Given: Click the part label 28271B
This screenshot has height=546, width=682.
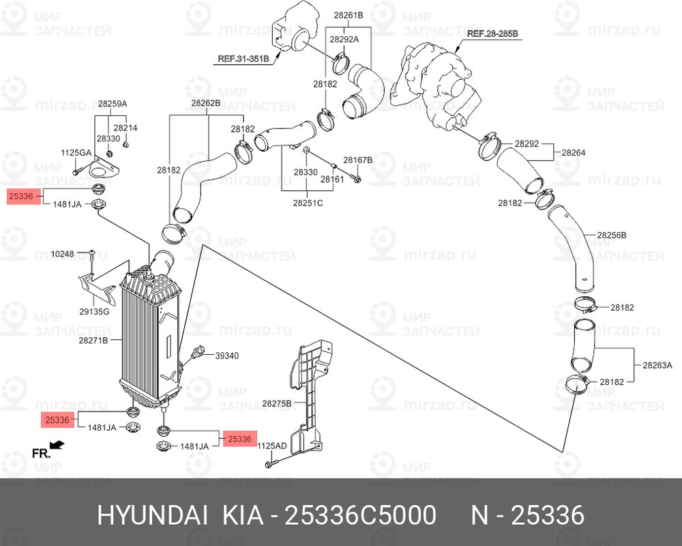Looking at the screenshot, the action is pos(93,341).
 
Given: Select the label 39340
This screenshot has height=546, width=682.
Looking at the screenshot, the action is pos(227,356).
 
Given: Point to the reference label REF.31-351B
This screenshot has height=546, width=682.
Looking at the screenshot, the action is pos(243,58).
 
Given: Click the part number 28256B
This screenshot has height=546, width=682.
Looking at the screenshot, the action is pos(612,235).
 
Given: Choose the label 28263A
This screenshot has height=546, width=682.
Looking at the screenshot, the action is pos(657,365).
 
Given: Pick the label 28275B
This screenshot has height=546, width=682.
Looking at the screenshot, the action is pos(277,403).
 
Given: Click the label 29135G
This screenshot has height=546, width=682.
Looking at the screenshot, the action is pos(94,311).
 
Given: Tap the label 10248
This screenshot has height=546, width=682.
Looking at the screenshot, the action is pos(63,253).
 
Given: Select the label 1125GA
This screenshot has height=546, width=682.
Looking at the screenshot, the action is pos(76,153).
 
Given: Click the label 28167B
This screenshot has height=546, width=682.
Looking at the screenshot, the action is pos(358,160).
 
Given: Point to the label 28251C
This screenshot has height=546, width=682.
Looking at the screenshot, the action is pos(308,203).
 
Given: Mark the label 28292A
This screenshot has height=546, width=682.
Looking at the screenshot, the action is pos(344,39).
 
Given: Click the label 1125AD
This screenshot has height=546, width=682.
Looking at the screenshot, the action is pos(272,446).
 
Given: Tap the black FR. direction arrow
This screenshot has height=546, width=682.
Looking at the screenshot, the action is pos(57,444).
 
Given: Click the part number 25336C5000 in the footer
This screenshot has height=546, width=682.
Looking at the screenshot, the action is pos(359,515).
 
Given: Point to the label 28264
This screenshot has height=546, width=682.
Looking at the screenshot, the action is pos(574,152).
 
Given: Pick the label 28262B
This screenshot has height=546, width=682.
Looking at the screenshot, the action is pos(206,103).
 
